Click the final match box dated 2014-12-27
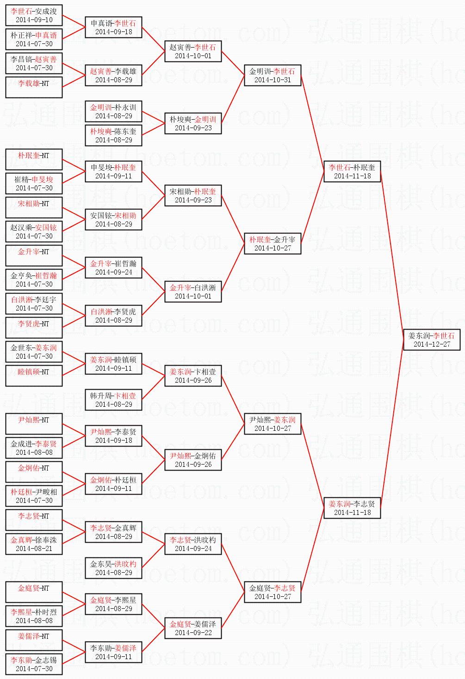[432, 340]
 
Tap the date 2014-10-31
[273, 80]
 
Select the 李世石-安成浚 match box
[34, 15]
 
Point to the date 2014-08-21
[34, 549]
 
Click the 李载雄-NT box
[34, 87]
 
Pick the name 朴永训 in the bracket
[125, 107]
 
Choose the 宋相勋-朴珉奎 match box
[193, 196]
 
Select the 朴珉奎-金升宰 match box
[273, 244]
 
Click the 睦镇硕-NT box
[34, 376]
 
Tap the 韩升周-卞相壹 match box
[113, 400]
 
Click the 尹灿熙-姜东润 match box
[273, 424]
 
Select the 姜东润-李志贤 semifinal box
[352, 508]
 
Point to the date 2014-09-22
[193, 633]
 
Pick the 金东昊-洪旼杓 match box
[113, 568]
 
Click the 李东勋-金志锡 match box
[34, 664]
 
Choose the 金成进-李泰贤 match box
[34, 448]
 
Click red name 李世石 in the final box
[443, 336]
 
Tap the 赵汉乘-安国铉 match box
[34, 232]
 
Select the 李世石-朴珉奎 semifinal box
[352, 171]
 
